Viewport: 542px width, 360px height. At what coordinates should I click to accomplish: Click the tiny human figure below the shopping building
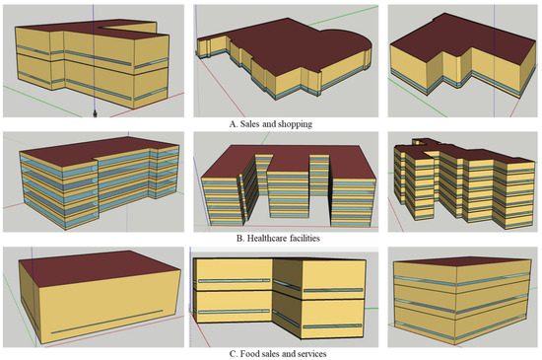point(95,112)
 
